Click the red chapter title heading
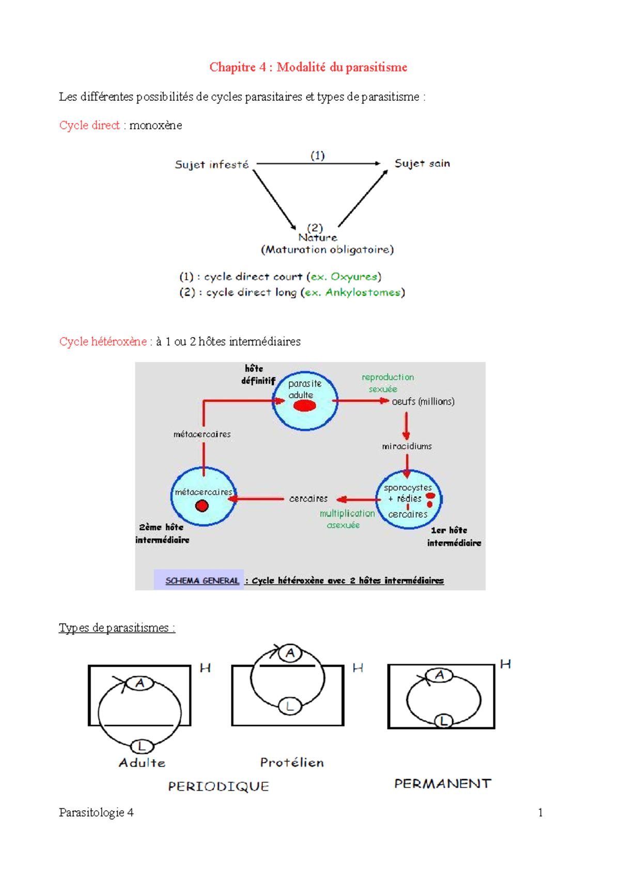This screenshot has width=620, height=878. click(x=308, y=67)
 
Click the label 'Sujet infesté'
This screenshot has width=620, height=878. click(x=211, y=164)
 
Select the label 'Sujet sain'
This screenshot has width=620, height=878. click(x=422, y=163)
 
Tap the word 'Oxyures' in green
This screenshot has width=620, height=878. click(x=354, y=277)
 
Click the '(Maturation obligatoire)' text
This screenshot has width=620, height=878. click(x=328, y=250)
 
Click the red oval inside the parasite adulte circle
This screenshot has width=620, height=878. click(x=304, y=406)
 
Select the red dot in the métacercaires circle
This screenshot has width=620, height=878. click(x=202, y=506)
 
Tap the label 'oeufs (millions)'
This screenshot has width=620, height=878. click(x=423, y=401)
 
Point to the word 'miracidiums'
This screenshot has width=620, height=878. click(x=407, y=446)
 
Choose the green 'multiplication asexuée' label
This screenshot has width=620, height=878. click(x=347, y=519)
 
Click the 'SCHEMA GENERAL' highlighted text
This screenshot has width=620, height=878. click(x=202, y=581)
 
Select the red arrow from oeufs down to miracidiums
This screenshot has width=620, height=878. click(x=406, y=426)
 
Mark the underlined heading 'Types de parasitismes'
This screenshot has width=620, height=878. click(x=117, y=628)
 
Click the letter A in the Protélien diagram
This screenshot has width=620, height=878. click(x=290, y=653)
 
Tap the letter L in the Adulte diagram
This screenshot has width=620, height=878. click(x=142, y=746)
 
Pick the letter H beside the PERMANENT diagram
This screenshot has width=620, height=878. click(x=505, y=664)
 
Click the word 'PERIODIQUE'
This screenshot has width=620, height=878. click(x=219, y=786)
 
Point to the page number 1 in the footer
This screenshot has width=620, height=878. click(x=540, y=812)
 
